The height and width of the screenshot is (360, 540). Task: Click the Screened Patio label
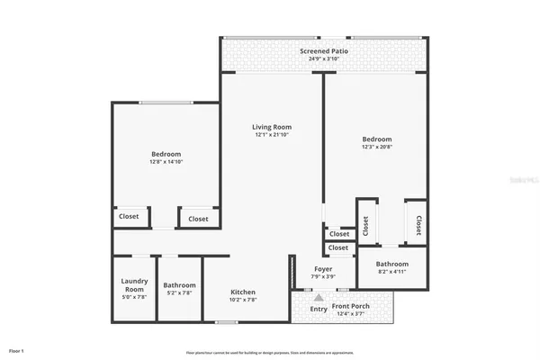coord(324,51)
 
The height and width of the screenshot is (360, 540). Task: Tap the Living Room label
coord(272,127)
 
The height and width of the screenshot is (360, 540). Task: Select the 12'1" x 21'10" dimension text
coord(272,135)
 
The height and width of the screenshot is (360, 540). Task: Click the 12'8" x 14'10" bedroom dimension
coord(166,162)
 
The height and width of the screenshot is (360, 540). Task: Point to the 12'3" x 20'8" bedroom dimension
coord(377,148)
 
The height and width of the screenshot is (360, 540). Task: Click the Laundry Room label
coord(134,284)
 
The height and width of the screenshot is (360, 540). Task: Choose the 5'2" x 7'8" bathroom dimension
coord(180,293)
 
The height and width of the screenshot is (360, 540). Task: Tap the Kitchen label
coord(243,292)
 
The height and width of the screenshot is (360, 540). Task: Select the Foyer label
coord(323,269)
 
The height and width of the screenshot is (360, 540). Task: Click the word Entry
coord(319,310)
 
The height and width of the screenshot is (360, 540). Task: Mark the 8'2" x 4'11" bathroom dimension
coord(392,272)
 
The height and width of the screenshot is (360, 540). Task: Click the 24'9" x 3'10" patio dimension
coord(324,59)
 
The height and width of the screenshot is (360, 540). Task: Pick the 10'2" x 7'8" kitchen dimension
coord(243,301)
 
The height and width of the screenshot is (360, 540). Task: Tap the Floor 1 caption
coord(16,349)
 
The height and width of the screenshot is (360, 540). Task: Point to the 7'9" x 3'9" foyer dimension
coord(323,277)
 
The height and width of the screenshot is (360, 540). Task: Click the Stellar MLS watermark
coord(519,180)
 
